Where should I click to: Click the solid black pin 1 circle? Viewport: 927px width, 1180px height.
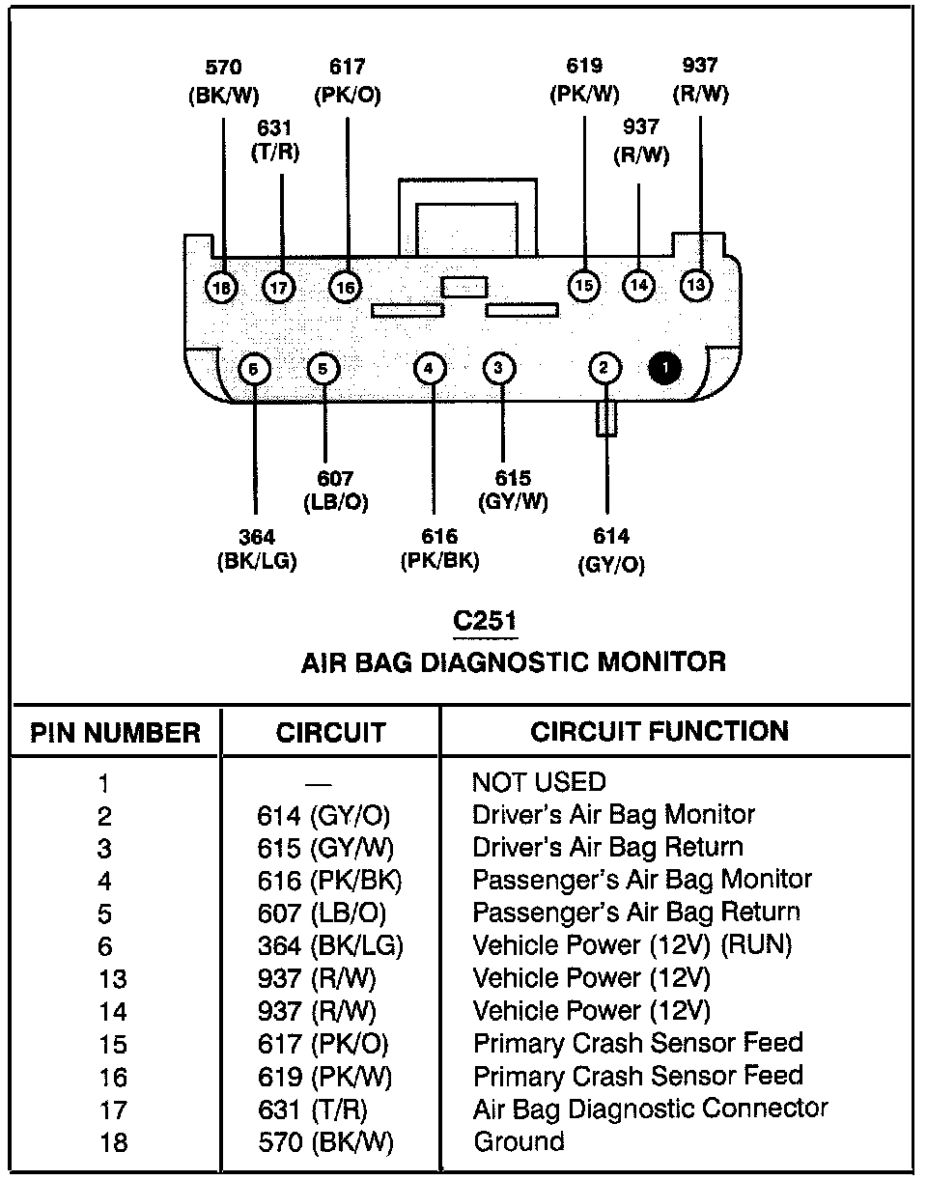tap(665, 368)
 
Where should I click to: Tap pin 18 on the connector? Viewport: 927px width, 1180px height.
tap(222, 286)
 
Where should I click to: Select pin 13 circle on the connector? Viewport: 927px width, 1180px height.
tap(695, 285)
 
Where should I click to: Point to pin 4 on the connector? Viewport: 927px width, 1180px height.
tap(430, 368)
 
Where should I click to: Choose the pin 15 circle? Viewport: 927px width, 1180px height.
tap(583, 285)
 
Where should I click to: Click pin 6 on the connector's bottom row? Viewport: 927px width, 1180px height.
tap(253, 368)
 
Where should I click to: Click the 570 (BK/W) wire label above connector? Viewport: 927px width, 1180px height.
tap(223, 81)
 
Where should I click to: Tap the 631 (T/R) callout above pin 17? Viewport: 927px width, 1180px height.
tap(275, 139)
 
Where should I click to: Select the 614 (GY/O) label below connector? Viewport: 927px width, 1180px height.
tap(610, 550)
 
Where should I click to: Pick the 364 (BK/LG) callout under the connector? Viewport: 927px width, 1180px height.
tap(256, 550)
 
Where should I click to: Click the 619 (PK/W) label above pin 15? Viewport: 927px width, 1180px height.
tap(584, 80)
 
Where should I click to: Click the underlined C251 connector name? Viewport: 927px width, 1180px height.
tap(484, 621)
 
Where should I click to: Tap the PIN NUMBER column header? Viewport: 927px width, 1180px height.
tap(116, 733)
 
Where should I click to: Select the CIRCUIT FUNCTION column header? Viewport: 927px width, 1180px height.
tap(660, 731)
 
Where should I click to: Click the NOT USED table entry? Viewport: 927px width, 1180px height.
tap(539, 781)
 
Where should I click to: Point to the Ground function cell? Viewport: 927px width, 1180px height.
tap(519, 1141)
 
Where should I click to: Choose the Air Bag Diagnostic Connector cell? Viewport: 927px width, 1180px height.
tap(650, 1109)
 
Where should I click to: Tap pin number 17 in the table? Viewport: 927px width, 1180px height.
tap(113, 1110)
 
